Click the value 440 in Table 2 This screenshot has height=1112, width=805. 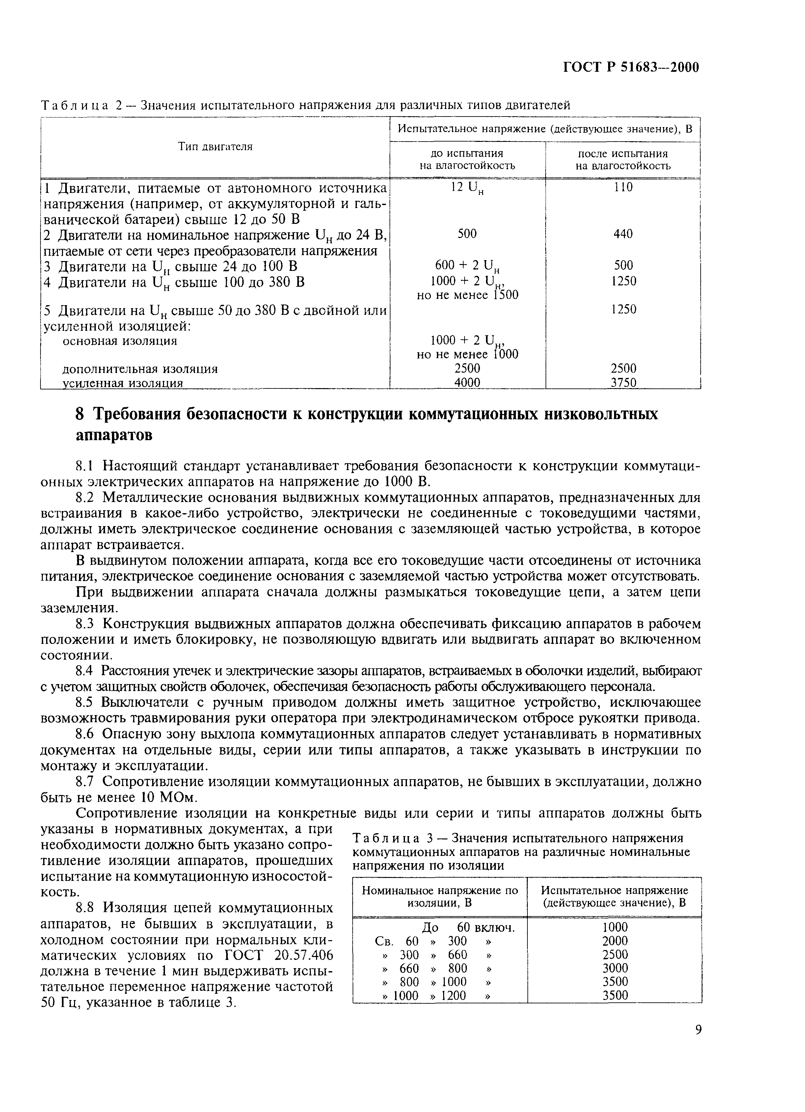pyautogui.click(x=623, y=233)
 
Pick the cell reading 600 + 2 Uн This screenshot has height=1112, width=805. pyautogui.click(x=467, y=266)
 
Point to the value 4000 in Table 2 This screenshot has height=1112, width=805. pyautogui.click(x=467, y=382)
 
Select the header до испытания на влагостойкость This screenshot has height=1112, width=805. pyautogui.click(x=467, y=159)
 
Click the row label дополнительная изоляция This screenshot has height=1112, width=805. pyautogui.click(x=140, y=369)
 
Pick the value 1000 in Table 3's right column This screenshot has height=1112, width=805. pyautogui.click(x=614, y=927)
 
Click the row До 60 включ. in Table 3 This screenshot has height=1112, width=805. pyautogui.click(x=468, y=927)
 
